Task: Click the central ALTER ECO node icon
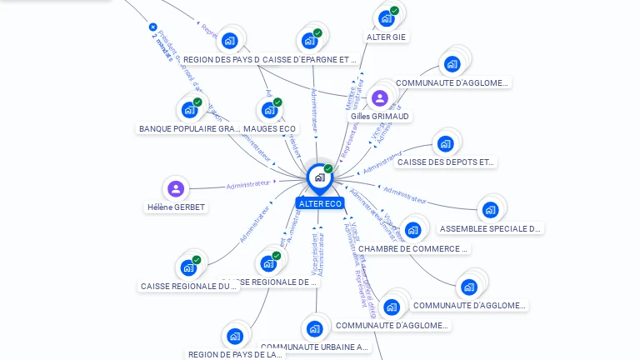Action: pyautogui.click(x=319, y=177)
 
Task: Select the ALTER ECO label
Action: pyautogui.click(x=320, y=203)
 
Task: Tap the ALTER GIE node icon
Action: pyautogui.click(x=387, y=18)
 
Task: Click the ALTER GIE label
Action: pyautogui.click(x=387, y=37)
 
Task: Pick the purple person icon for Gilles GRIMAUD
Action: pyautogui.click(x=380, y=98)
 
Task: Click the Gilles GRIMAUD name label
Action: pyautogui.click(x=380, y=117)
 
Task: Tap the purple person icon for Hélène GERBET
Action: pyautogui.click(x=176, y=189)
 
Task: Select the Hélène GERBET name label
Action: pyautogui.click(x=176, y=207)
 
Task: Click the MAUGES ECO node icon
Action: pyautogui.click(x=269, y=110)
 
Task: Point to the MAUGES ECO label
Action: pyautogui.click(x=269, y=128)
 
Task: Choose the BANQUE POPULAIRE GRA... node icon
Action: pyautogui.click(x=189, y=110)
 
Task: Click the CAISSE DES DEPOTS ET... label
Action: pyautogui.click(x=446, y=162)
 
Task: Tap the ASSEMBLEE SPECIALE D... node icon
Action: pyautogui.click(x=490, y=210)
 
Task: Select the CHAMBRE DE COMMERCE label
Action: pyautogui.click(x=413, y=248)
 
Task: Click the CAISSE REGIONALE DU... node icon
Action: pyautogui.click(x=188, y=267)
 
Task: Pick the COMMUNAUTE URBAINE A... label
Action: pyautogui.click(x=314, y=347)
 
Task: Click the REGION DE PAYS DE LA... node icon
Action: pyautogui.click(x=235, y=337)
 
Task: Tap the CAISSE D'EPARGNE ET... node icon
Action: pyautogui.click(x=309, y=41)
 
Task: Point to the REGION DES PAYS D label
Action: pyautogui.click(x=221, y=59)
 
